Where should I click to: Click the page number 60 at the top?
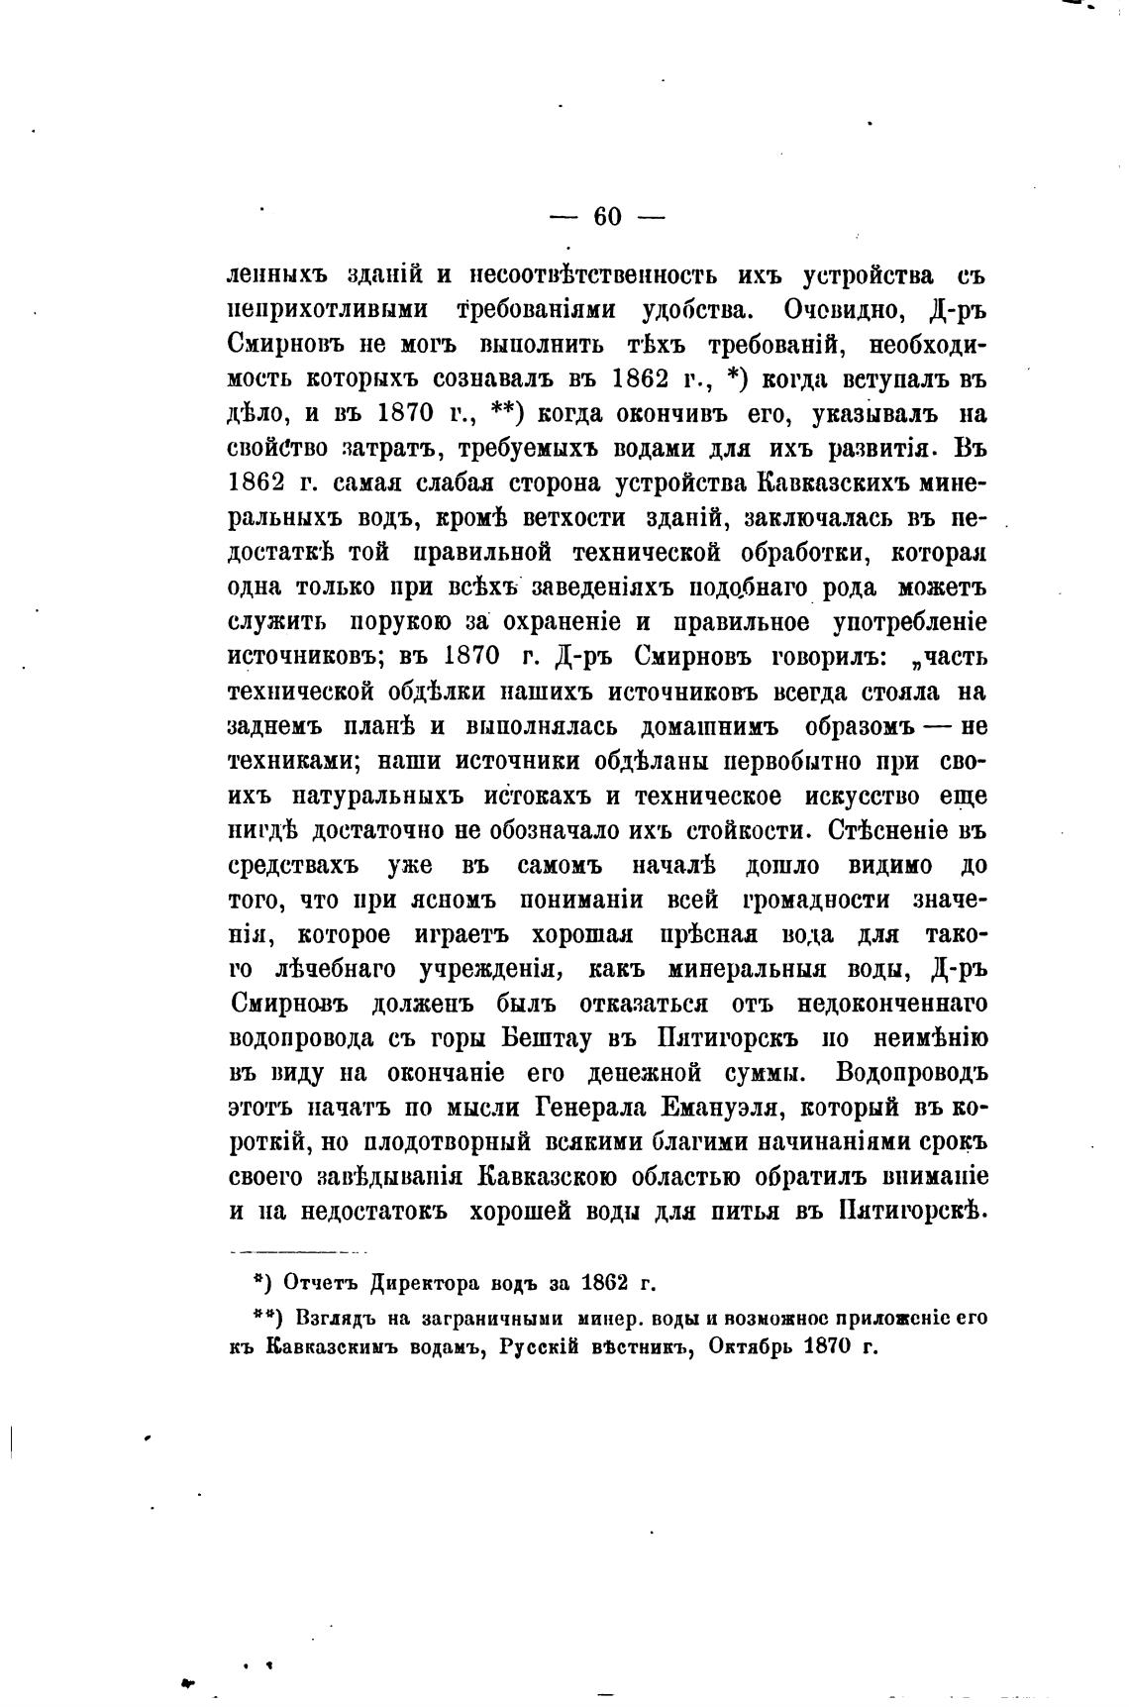[607, 217]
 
